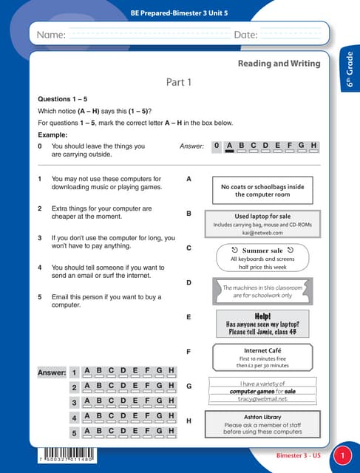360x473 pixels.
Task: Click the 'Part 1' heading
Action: [x=179, y=82]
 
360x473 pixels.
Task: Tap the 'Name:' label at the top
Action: [x=51, y=35]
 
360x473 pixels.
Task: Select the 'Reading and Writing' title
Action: [x=279, y=64]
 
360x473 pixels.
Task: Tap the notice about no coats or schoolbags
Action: [x=262, y=191]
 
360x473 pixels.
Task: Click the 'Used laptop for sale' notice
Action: [x=262, y=223]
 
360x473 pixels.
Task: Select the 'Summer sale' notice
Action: [x=262, y=258]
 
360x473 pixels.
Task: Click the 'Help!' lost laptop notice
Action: [x=262, y=324]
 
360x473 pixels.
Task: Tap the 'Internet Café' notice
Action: [x=262, y=358]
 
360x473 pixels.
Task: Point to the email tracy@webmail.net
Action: [x=262, y=399]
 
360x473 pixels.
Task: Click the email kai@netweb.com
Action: [x=262, y=232]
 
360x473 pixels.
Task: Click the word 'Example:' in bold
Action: [x=52, y=135]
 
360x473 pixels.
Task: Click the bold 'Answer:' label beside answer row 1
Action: [x=52, y=372]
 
